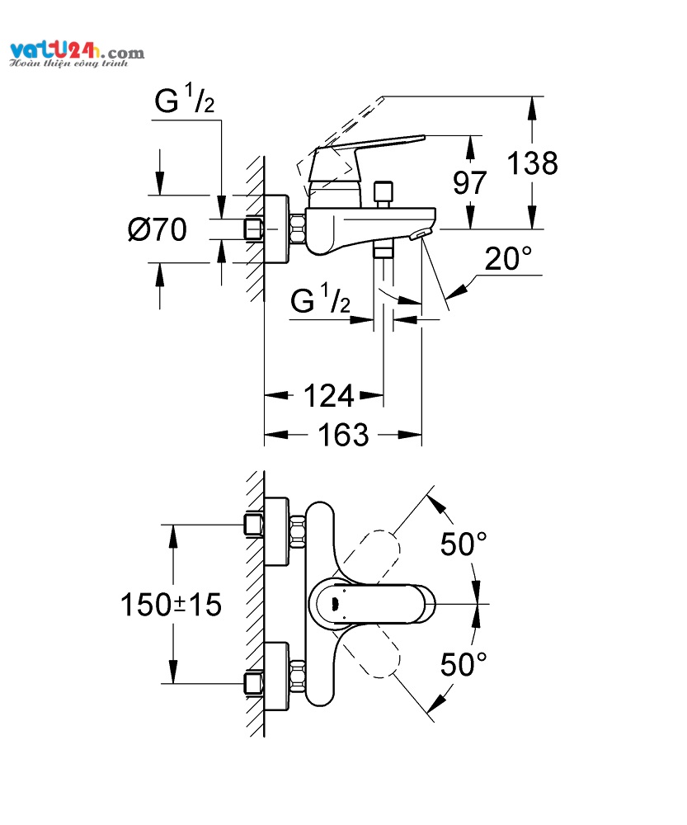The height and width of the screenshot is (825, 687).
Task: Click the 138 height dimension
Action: point(532,163)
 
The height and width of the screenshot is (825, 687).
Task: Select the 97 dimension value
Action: point(471,182)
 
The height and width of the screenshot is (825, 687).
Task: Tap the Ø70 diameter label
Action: point(158,229)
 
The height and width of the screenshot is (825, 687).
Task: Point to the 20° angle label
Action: point(507,260)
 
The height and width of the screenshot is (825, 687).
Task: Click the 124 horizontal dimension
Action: point(329,397)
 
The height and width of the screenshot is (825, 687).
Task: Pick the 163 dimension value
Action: point(343,435)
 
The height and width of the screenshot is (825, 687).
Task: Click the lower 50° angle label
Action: point(463,663)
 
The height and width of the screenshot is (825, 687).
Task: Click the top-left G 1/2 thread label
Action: point(185,102)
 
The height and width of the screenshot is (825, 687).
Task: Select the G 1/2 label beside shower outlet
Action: point(321,301)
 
